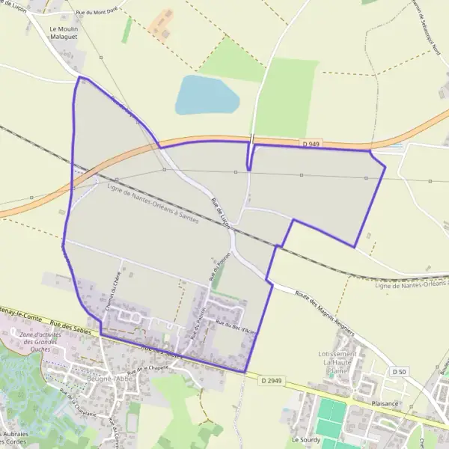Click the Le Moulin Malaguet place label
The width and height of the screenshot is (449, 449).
tap(64, 33)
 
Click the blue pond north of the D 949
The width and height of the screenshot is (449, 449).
tap(206, 95)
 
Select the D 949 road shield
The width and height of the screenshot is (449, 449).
tap(312, 144)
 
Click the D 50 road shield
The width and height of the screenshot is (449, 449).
tap(399, 371)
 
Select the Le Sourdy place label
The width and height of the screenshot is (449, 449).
tap(305, 440)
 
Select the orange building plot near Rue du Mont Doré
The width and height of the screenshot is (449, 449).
tap(160, 25)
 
